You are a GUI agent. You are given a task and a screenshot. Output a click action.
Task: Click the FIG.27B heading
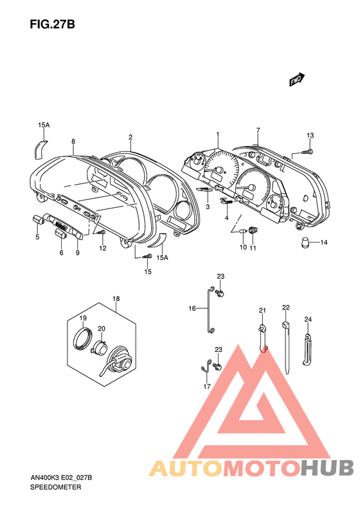click(52, 24)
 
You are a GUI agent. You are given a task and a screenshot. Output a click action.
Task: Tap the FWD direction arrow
click(297, 79)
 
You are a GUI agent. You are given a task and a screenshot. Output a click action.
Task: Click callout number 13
click(310, 135)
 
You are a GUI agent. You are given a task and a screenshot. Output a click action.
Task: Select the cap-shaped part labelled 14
click(305, 243)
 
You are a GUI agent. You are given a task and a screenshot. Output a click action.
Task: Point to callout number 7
click(258, 131)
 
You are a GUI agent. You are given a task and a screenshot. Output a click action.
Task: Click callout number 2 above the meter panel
click(130, 138)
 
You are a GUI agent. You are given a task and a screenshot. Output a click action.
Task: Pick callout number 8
click(73, 142)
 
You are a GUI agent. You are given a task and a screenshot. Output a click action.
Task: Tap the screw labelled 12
click(102, 232)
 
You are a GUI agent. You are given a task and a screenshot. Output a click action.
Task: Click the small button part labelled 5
click(39, 219)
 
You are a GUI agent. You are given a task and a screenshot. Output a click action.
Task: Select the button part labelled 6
click(60, 232)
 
